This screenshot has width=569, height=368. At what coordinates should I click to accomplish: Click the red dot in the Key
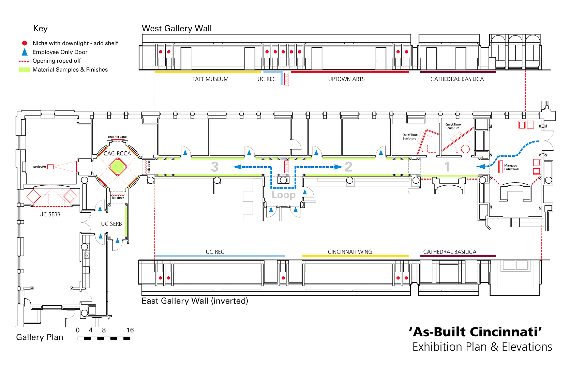point(25,43)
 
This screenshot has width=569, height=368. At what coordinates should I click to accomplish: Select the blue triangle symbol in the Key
point(25,52)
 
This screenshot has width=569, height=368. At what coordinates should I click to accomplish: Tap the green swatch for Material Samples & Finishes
point(24,70)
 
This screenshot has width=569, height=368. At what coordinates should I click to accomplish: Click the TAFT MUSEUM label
point(210,79)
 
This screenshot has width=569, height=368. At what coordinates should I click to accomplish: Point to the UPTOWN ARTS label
point(346,79)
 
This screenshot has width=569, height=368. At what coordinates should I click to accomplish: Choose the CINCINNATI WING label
point(350,252)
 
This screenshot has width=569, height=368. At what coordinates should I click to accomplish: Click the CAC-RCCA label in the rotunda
point(117,154)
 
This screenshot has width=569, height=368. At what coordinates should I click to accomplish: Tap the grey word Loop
point(283,195)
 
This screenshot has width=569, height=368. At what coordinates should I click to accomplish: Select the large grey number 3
point(214,167)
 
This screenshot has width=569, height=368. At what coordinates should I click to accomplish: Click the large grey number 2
point(348,167)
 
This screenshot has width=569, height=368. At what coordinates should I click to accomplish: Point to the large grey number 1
point(447,167)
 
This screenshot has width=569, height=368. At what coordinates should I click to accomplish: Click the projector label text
point(40,167)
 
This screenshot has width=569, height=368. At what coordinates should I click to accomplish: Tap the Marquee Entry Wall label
point(511,167)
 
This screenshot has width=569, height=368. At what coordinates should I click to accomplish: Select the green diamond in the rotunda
point(118,167)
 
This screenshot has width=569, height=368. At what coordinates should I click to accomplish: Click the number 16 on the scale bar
point(130,330)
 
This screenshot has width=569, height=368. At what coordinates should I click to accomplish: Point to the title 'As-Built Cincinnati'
point(476,332)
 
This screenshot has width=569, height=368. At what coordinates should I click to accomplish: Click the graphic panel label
point(118,137)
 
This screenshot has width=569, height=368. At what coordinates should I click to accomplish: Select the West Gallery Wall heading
point(177,28)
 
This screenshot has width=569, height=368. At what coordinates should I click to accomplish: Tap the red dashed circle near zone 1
point(465,149)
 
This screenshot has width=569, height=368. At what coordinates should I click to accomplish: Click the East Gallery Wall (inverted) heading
point(195,301)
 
